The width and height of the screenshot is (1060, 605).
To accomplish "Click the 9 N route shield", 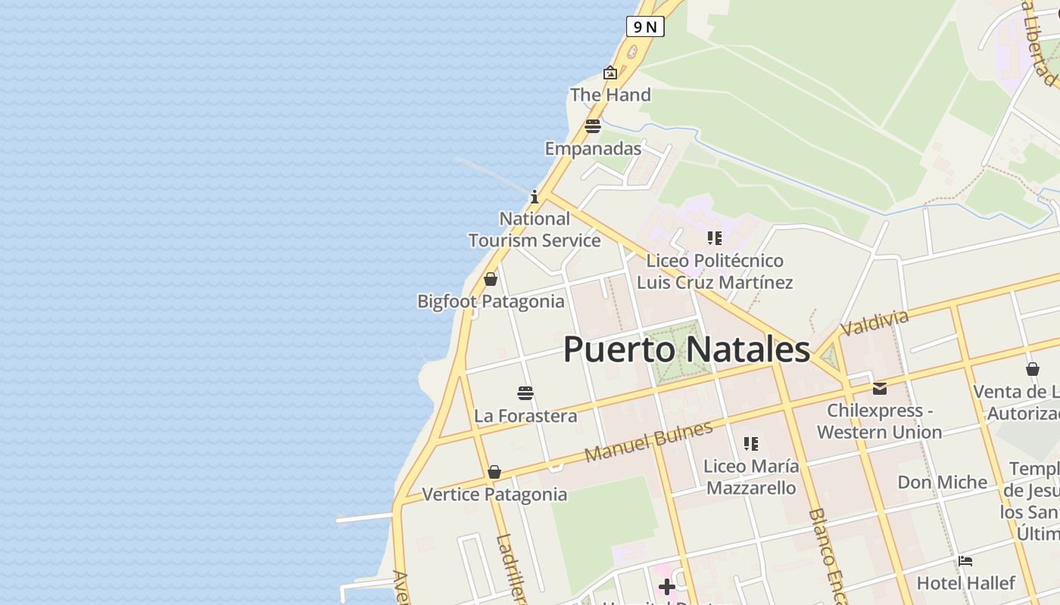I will pyautogui.click(x=645, y=27).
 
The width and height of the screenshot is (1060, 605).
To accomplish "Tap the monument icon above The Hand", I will pyautogui.click(x=609, y=73).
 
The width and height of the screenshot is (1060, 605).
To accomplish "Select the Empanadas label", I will pyautogui.click(x=593, y=148).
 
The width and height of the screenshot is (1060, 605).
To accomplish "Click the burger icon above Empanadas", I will pyautogui.click(x=592, y=126).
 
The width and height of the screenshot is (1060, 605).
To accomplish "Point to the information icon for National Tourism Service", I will pyautogui.click(x=535, y=197).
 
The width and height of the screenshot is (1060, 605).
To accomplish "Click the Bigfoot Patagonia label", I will pyautogui.click(x=491, y=301).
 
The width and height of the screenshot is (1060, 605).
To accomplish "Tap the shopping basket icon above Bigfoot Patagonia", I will pyautogui.click(x=491, y=279).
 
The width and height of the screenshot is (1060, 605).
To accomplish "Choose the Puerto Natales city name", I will pyautogui.click(x=687, y=349).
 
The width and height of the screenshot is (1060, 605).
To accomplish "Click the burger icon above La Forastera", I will pyautogui.click(x=525, y=392).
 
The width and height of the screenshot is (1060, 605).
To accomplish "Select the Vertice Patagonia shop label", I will pyautogui.click(x=494, y=494).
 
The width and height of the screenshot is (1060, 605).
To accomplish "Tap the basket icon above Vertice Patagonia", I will pyautogui.click(x=494, y=472).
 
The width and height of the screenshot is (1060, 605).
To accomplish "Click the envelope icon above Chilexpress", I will pyautogui.click(x=879, y=388).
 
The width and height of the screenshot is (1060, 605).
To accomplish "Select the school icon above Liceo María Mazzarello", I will pyautogui.click(x=750, y=443).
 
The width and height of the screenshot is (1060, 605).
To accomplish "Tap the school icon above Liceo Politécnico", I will pyautogui.click(x=714, y=238).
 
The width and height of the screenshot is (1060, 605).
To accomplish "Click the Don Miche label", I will pyautogui.click(x=942, y=482).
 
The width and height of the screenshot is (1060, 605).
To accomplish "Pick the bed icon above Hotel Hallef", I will pyautogui.click(x=965, y=561).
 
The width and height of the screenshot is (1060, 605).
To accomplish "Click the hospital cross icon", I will pyautogui.click(x=666, y=587).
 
